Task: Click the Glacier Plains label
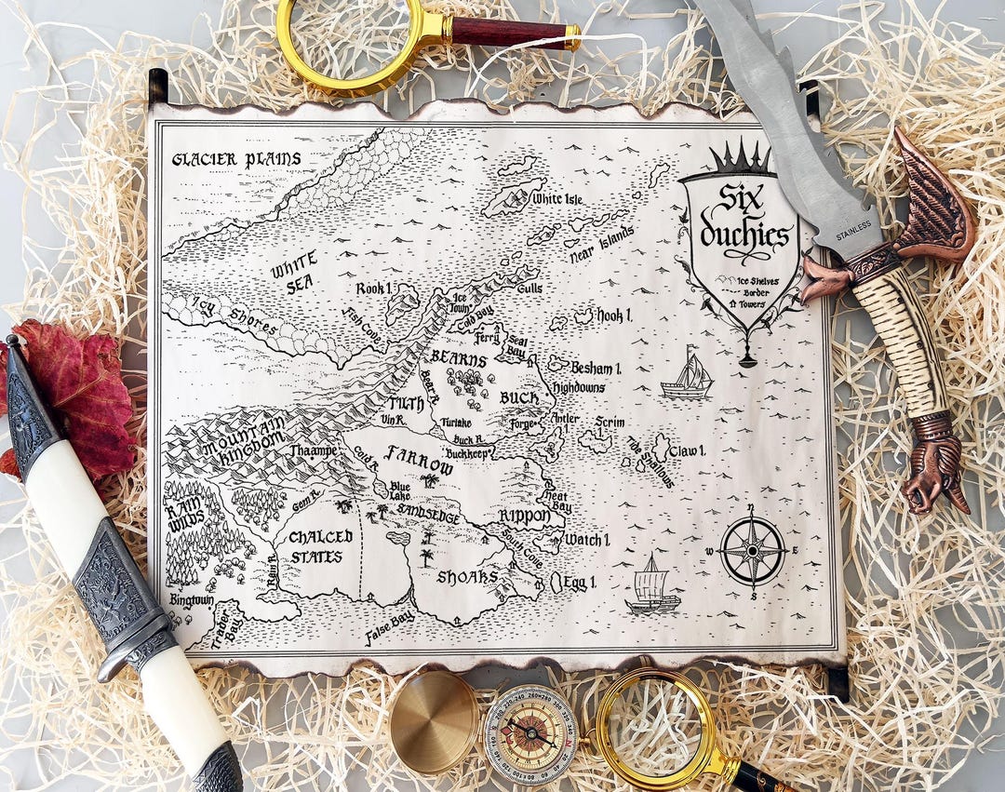(236, 159)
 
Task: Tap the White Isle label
(556, 198)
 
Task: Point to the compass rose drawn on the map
(752, 550)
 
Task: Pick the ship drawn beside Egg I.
(652, 587)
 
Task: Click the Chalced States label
(320, 546)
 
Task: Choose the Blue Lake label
(400, 491)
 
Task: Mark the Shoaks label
(467, 578)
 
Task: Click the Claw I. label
(687, 450)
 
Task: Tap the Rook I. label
(373, 289)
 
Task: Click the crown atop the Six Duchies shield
(742, 159)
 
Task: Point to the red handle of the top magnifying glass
(509, 32)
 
